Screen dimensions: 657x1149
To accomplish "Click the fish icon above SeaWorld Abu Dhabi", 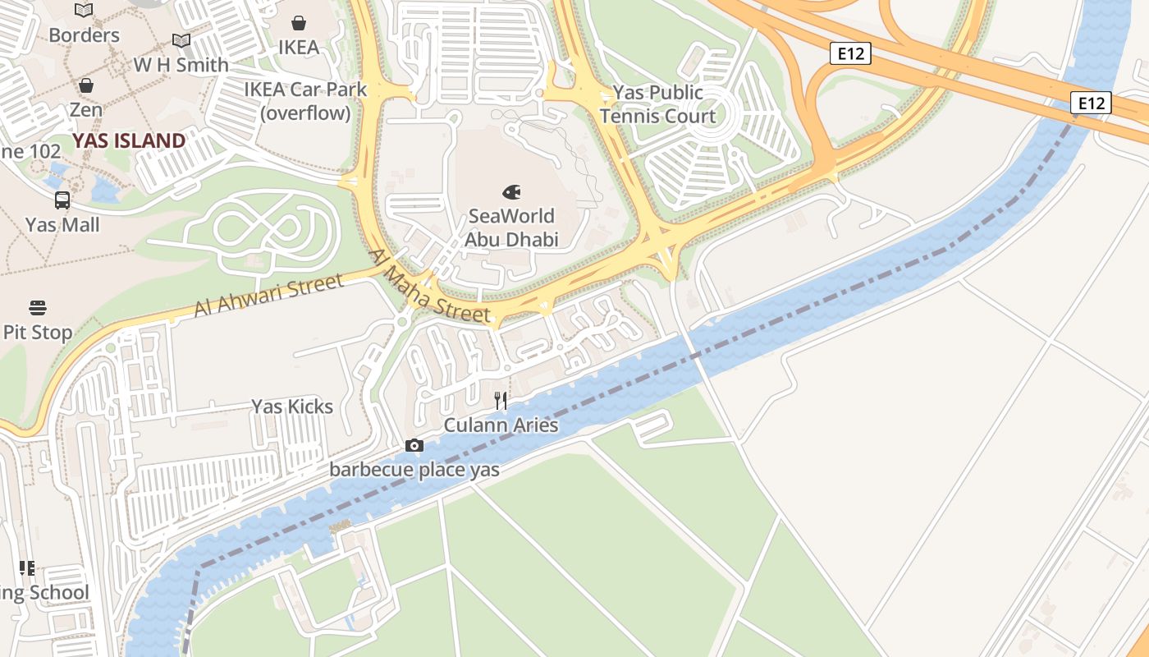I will point(511,192).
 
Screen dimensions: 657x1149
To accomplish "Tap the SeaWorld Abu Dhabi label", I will point(511,227).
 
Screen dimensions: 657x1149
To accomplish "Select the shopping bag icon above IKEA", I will point(299,23).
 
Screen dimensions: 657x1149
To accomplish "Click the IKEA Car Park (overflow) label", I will point(305,101).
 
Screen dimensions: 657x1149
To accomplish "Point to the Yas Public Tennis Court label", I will point(657,104).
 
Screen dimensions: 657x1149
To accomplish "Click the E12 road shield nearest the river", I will point(1091,103).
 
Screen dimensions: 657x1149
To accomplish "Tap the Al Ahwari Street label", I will point(268,296).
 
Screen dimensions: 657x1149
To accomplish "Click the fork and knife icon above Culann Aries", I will point(501,401).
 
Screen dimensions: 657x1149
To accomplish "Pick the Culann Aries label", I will point(501,425).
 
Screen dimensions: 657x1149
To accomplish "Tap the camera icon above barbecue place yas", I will point(414,446).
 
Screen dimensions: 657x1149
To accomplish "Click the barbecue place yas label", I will point(414,470).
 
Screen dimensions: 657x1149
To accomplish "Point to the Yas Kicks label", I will point(292,407).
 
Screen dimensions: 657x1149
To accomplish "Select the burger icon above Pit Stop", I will point(38,308).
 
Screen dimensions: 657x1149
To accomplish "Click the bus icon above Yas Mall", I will point(62,200).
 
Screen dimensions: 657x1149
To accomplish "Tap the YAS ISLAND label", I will point(129,140).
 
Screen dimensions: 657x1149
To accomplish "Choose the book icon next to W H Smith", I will point(181,40).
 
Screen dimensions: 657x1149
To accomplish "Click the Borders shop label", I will point(84,35).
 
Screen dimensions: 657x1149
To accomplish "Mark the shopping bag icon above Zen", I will point(85,85).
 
